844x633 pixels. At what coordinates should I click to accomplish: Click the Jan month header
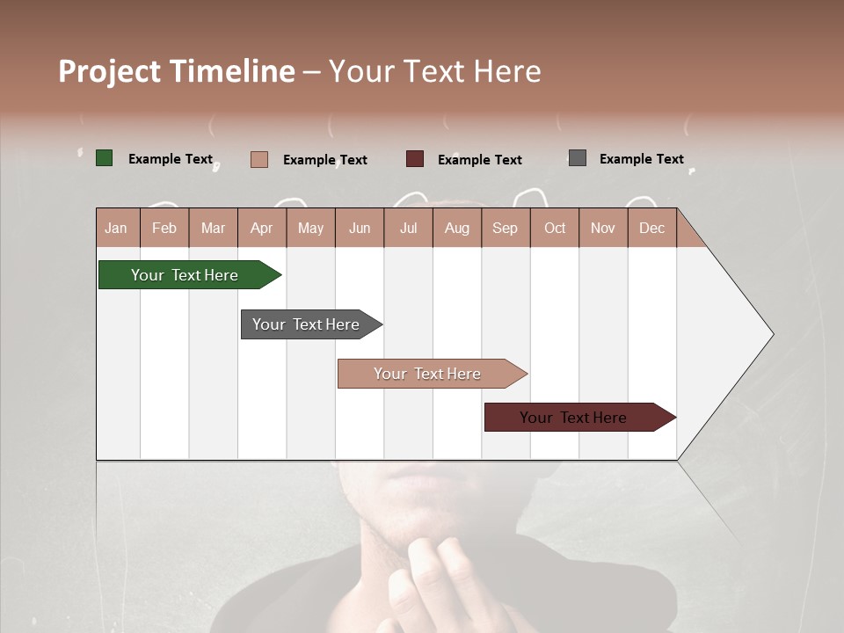click(117, 228)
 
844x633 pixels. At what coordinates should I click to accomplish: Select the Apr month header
click(262, 228)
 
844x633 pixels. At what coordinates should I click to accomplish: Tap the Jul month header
click(409, 228)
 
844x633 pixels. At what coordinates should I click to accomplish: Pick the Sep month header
click(506, 228)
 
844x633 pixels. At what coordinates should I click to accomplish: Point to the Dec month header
click(652, 228)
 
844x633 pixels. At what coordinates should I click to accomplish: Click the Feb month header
click(164, 228)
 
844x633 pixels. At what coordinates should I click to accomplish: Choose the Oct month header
click(555, 228)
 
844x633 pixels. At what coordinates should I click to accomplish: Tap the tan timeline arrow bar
click(429, 374)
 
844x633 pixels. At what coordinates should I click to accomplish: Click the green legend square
click(105, 158)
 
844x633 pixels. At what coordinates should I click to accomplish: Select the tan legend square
click(259, 159)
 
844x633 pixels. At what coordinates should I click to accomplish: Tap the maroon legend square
click(415, 159)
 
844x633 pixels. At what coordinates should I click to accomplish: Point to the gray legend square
click(578, 158)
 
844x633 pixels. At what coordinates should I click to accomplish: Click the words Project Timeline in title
click(177, 71)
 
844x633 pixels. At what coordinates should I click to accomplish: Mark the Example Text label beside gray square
click(641, 158)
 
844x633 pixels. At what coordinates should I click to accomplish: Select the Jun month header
click(360, 228)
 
